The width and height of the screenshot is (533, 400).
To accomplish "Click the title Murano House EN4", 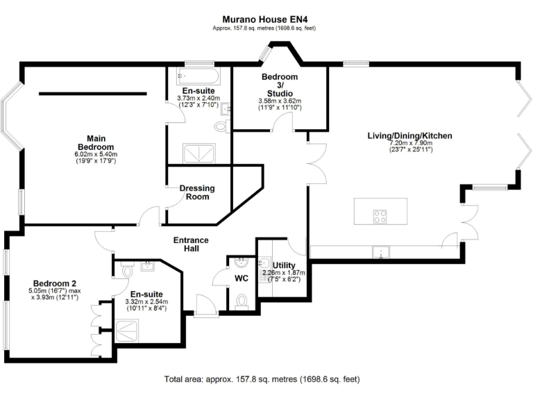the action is tap(265, 19).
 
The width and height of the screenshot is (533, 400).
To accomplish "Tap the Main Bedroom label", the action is tap(96, 143).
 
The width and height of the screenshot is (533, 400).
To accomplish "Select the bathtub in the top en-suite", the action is tap(198, 76).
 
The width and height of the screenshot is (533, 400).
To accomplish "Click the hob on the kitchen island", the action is tap(380, 217).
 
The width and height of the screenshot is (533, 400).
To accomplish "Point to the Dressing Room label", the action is tap(197, 192).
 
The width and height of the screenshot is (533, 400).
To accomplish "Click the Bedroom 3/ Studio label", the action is tap(280, 85).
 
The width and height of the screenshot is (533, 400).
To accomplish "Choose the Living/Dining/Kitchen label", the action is tap(410, 135).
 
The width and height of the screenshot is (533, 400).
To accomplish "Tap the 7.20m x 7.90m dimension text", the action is tap(411, 143).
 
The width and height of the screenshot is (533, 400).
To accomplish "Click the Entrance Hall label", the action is tap(191, 244).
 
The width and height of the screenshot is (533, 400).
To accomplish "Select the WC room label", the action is tap(242, 278).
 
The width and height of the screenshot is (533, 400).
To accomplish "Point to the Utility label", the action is tap(284, 265).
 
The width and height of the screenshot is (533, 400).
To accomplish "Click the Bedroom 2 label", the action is tap(55, 283).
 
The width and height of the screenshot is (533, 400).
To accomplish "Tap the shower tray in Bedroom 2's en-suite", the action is tap(127, 331).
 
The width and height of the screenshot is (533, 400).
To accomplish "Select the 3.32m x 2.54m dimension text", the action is tap(146, 301).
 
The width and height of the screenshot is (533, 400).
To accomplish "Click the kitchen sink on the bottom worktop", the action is tap(381, 252).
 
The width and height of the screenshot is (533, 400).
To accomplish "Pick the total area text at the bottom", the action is tap(262, 379).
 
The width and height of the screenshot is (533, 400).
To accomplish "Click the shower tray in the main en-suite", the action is tap(199, 153).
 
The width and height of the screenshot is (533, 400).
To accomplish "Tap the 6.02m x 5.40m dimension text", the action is tap(96, 154).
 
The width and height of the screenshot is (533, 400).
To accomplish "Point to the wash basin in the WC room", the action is tap(242, 262).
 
